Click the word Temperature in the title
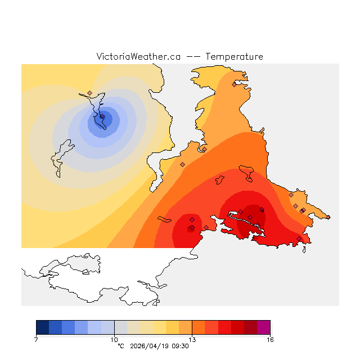click(x=234, y=57)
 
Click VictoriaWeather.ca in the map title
click(x=138, y=57)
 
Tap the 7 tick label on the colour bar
click(x=36, y=340)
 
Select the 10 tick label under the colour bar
click(x=114, y=340)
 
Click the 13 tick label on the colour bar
click(x=192, y=340)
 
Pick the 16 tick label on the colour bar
click(x=270, y=340)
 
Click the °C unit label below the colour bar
click(x=120, y=346)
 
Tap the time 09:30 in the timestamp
click(x=179, y=346)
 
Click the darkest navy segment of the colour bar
click(x=42, y=327)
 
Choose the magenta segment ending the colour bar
click(x=263, y=327)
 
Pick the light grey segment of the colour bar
click(x=120, y=327)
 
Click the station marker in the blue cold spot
click(x=102, y=116)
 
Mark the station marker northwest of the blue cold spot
click(x=89, y=93)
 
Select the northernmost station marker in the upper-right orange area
click(x=234, y=85)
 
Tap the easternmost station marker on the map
click(x=303, y=210)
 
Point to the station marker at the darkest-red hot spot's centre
click(x=250, y=217)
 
